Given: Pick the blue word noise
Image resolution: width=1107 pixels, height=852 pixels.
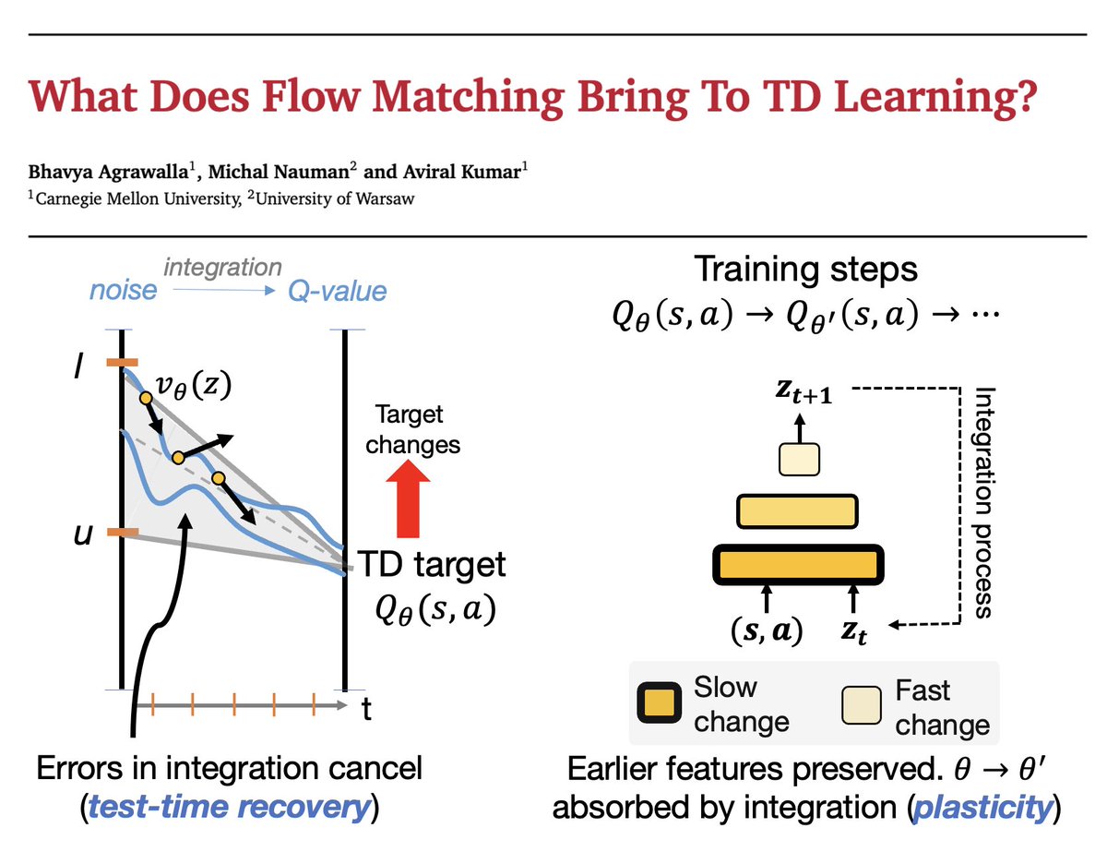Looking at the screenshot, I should click(x=124, y=292).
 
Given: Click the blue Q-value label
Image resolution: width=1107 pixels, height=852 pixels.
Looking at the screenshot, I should click(x=338, y=292).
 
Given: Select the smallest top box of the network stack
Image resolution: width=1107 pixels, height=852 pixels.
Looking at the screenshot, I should click(x=799, y=459).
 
